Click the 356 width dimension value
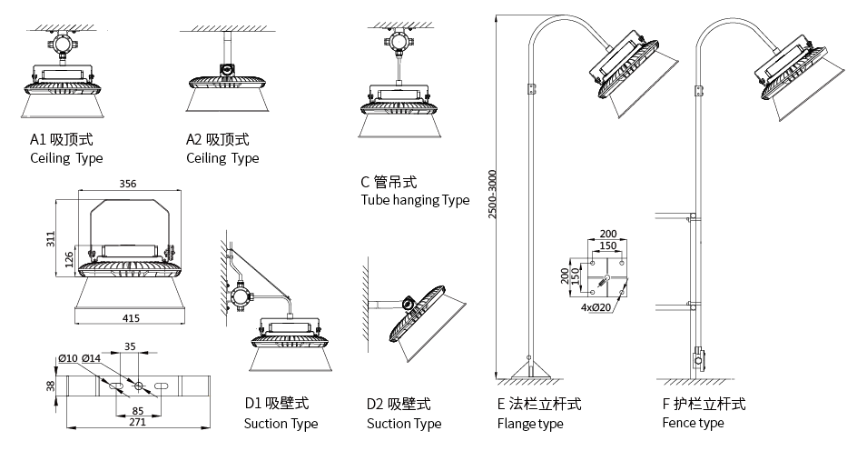[x=128, y=184]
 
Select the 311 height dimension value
[x=52, y=239]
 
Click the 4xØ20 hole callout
[x=596, y=306]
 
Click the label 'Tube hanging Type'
[x=415, y=200]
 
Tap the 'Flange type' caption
[x=530, y=423]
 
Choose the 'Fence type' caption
[x=694, y=423]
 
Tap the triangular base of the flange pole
[x=529, y=369]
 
